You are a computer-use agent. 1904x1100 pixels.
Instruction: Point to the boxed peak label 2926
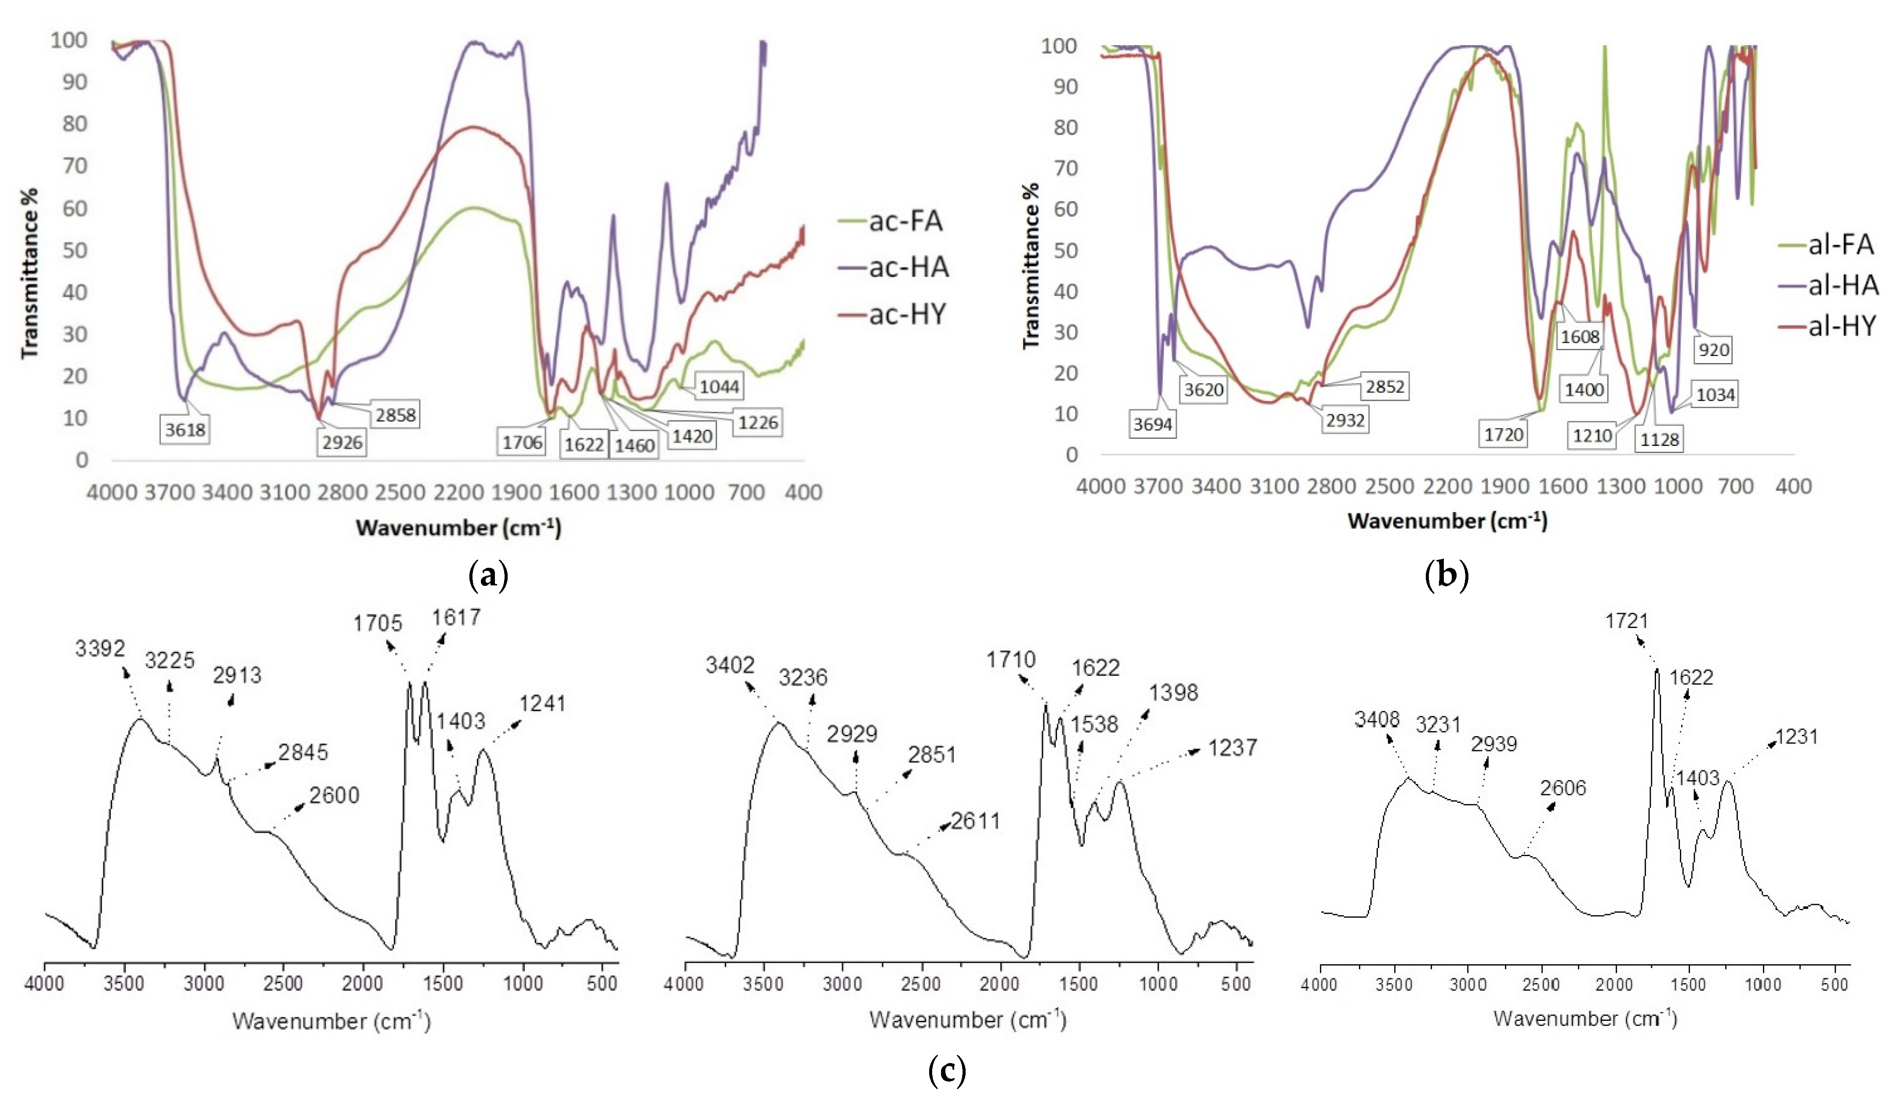tap(342, 443)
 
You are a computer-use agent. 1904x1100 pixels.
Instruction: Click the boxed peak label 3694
tap(1152, 425)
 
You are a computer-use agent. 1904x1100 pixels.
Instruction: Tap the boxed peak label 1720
tap(1504, 435)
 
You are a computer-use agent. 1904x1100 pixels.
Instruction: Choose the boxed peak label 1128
tap(1659, 439)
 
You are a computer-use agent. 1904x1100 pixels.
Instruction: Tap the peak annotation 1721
tap(1626, 621)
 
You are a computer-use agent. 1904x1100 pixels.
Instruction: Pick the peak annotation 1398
tap(1174, 693)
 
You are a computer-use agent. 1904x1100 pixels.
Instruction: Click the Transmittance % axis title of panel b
tap(1031, 266)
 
